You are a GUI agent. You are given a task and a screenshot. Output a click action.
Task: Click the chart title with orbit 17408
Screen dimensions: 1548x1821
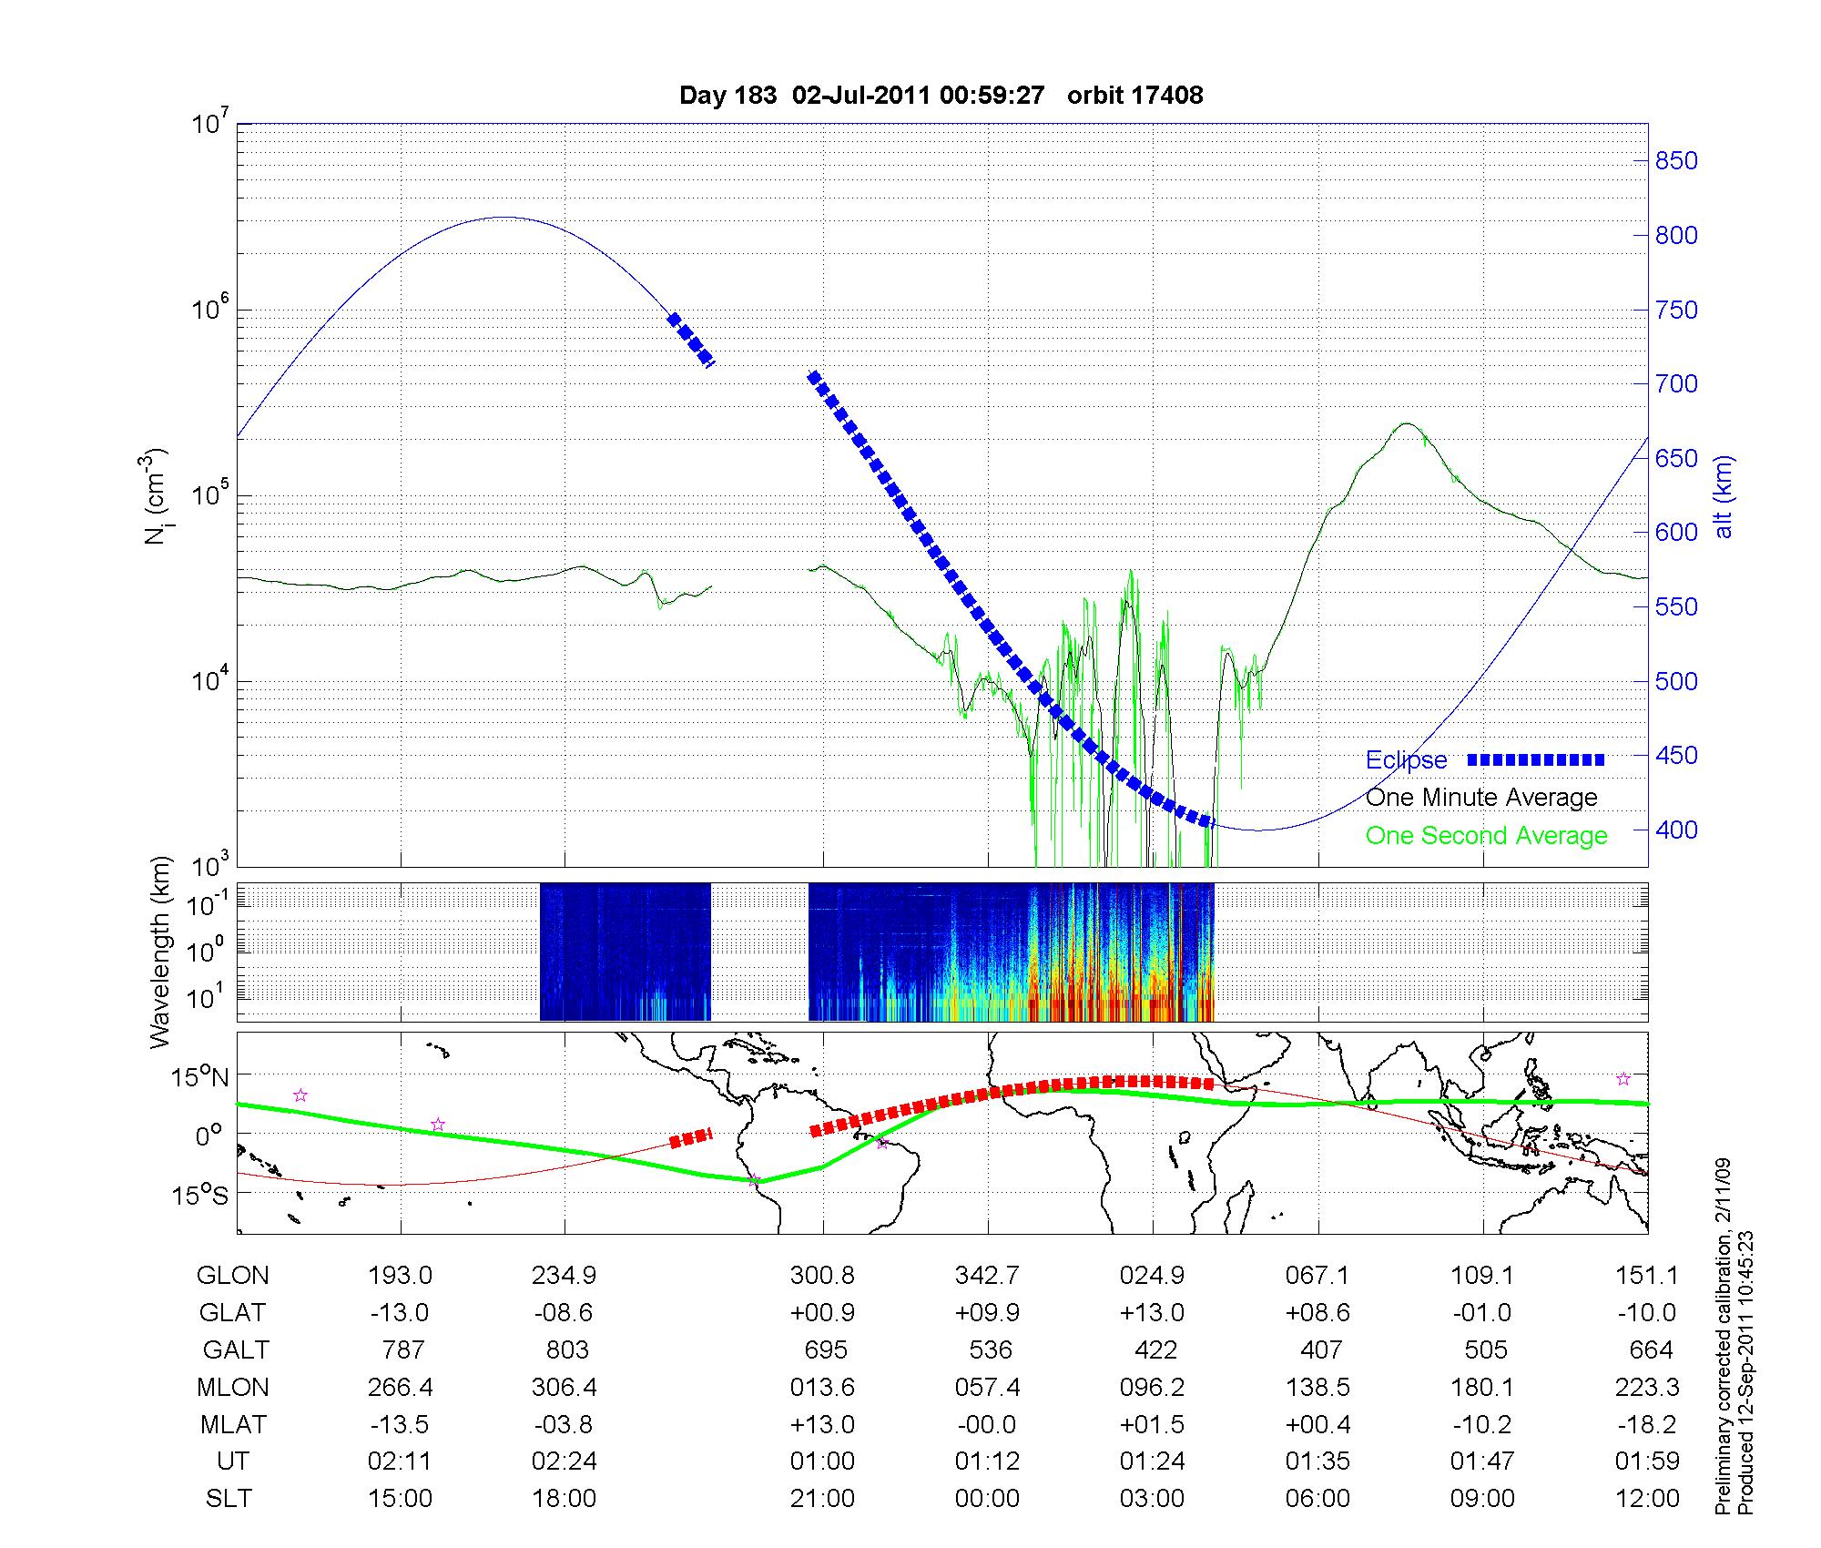pyautogui.click(x=941, y=96)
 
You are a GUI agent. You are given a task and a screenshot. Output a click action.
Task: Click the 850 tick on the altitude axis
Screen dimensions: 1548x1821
pyautogui.click(x=1676, y=161)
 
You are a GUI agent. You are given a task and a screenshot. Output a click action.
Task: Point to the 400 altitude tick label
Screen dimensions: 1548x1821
pyautogui.click(x=1676, y=830)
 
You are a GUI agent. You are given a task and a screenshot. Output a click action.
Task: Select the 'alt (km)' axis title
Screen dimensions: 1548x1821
pyautogui.click(x=1724, y=496)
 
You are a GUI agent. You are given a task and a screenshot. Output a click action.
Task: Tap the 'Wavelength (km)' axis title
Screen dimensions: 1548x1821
pyautogui.click(x=160, y=952)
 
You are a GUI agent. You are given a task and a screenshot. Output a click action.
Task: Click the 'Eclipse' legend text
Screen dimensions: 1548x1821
pyautogui.click(x=1406, y=760)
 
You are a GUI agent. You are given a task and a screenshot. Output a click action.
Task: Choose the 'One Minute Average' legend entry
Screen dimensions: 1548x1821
pyautogui.click(x=1481, y=798)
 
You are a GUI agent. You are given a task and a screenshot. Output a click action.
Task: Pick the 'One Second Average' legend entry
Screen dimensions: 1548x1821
pyautogui.click(x=1486, y=836)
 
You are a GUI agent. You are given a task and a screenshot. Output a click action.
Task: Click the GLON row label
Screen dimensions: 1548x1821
pyautogui.click(x=232, y=1276)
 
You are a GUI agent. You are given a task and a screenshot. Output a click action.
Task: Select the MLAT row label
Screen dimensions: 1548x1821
pyautogui.click(x=232, y=1424)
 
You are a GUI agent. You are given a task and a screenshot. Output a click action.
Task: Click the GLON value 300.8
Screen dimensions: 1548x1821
pyautogui.click(x=822, y=1276)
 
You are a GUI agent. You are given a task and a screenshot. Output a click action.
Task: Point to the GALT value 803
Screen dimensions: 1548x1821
pyautogui.click(x=565, y=1349)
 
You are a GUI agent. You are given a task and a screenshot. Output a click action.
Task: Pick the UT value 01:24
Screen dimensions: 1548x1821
pyautogui.click(x=1153, y=1461)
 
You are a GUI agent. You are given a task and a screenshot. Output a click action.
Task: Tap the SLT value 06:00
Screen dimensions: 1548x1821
pyautogui.click(x=1317, y=1499)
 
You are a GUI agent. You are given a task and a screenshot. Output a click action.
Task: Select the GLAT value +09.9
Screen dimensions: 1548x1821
pyautogui.click(x=987, y=1313)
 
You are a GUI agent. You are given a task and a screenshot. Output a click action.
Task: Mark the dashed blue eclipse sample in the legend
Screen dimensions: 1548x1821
pyautogui.click(x=1536, y=759)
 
